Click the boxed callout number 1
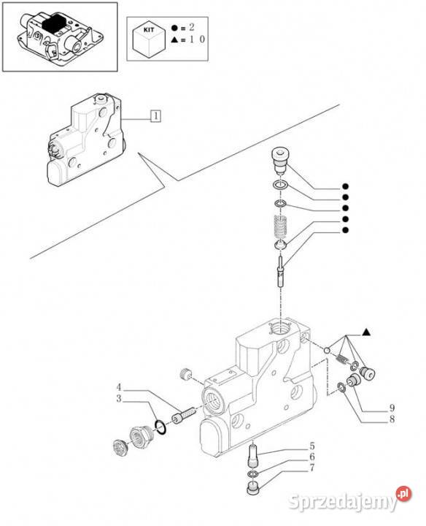(155, 115)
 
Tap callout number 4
(119, 387)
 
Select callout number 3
(119, 399)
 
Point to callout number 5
(312, 446)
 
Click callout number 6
(312, 457)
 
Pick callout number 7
(312, 468)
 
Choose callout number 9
(392, 408)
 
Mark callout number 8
(392, 419)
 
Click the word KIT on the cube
(149, 29)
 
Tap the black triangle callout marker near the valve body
(366, 332)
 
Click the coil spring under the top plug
(281, 226)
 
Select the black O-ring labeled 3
(160, 427)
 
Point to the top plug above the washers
(279, 161)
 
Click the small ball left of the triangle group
(328, 350)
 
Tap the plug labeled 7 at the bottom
(252, 488)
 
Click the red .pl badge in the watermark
(403, 493)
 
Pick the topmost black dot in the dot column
(345, 186)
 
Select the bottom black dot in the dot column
(345, 230)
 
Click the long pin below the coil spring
(281, 270)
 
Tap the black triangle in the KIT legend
(174, 40)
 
